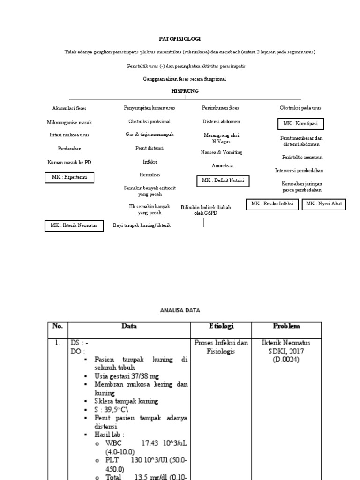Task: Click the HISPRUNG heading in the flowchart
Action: click(184, 90)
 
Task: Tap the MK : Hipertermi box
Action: click(69, 177)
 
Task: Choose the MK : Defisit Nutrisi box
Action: click(223, 180)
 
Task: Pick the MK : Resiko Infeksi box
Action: click(272, 204)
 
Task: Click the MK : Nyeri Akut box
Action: click(324, 204)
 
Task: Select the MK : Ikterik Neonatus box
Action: click(74, 225)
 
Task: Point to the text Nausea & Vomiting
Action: click(222, 153)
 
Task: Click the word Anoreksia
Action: click(222, 165)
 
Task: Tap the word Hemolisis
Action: click(150, 174)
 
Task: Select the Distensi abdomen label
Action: click(221, 121)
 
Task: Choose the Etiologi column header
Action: click(221, 326)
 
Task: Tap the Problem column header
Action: click(286, 326)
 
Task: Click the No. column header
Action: click(58, 326)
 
